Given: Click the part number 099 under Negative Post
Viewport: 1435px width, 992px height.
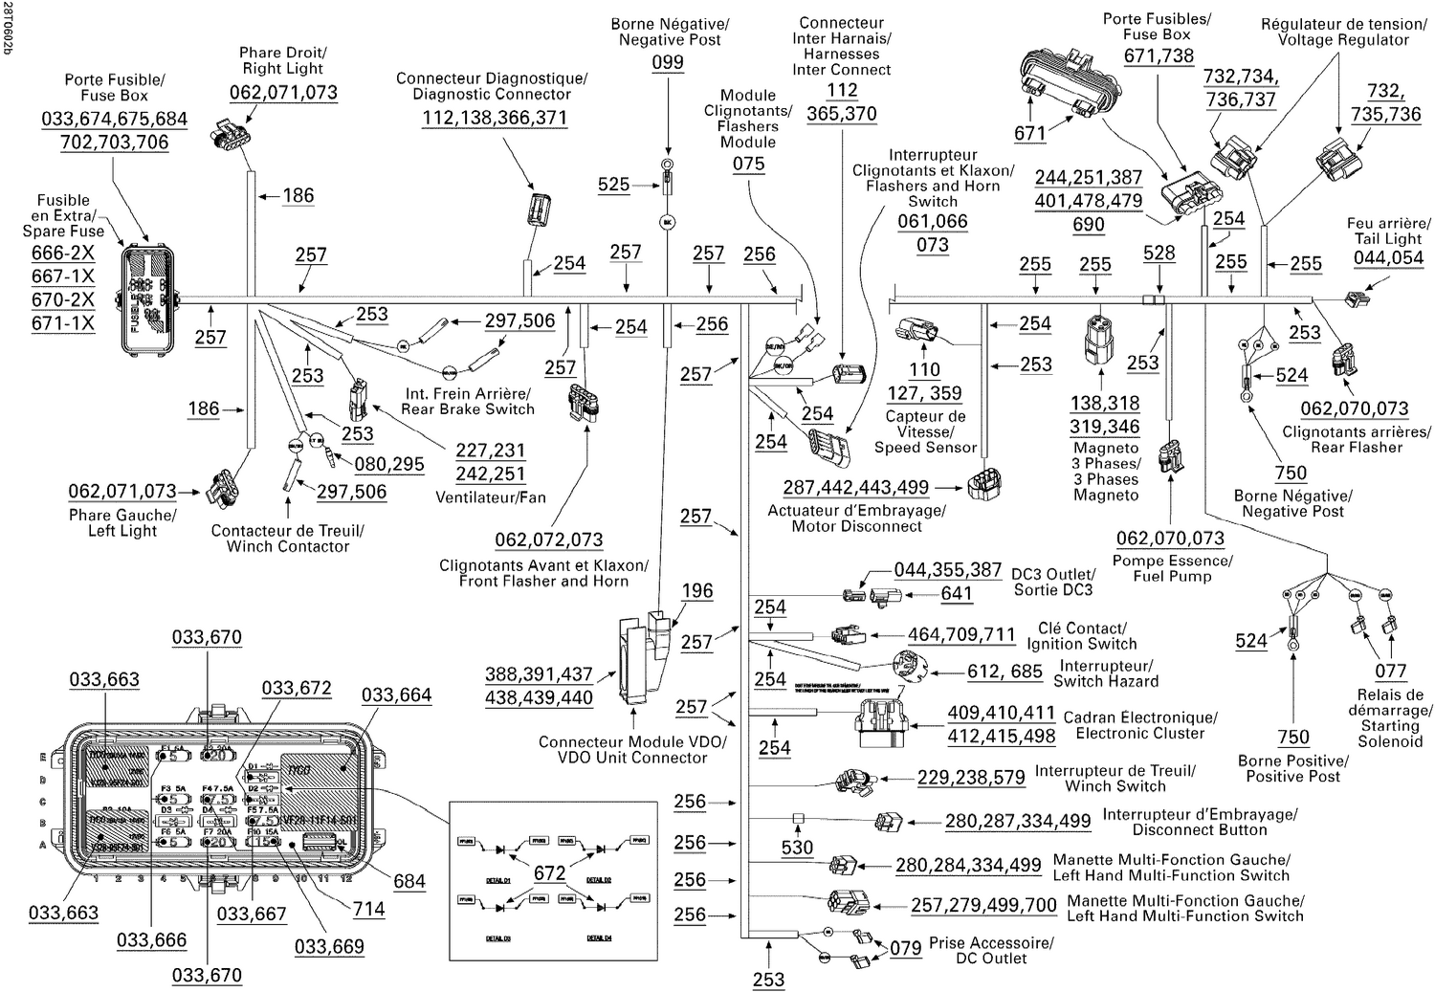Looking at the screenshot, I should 668,62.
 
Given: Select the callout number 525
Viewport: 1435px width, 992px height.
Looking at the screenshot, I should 613,185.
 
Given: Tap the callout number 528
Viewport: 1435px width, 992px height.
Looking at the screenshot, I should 1159,253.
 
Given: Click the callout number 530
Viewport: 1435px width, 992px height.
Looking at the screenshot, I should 797,847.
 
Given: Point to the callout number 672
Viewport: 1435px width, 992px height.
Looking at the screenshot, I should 549,872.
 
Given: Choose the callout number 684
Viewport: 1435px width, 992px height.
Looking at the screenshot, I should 409,881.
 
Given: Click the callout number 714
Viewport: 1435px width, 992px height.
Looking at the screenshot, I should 369,909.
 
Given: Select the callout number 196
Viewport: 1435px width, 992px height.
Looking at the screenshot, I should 697,590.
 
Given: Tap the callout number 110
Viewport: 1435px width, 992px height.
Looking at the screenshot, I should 924,369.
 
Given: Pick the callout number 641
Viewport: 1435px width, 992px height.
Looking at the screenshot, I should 957,593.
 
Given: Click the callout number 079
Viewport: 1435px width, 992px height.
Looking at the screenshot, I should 905,948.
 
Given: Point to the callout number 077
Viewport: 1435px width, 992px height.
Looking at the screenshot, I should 1390,671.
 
